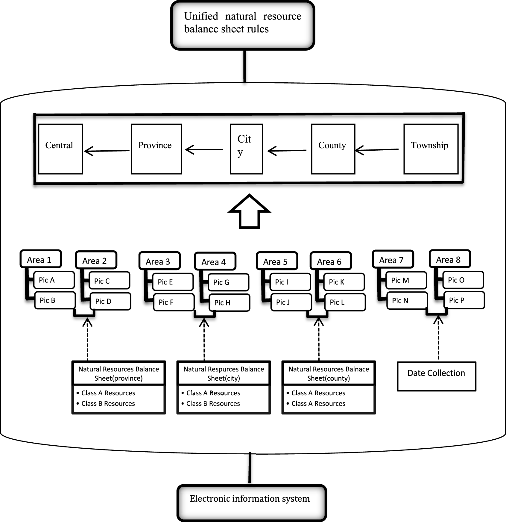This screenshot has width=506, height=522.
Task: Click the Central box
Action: click(60, 149)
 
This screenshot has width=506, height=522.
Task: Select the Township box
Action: click(431, 149)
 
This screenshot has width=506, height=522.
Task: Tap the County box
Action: click(333, 149)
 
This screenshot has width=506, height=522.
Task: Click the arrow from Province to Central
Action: click(107, 151)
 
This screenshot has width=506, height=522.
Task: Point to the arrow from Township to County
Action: click(376, 150)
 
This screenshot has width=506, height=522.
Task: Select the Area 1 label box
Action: click(40, 259)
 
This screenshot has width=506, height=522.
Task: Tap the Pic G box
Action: click(228, 282)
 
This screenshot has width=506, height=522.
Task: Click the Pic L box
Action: click(345, 302)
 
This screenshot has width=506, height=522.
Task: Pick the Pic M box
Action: click(406, 280)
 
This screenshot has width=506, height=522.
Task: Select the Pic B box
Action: click(54, 300)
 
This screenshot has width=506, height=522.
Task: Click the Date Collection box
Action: click(436, 376)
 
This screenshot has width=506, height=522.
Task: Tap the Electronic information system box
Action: click(251, 503)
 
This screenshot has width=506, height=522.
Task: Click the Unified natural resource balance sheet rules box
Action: click(242, 25)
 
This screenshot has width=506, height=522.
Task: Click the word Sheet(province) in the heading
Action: click(118, 378)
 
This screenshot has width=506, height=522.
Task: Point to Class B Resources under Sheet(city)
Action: click(213, 403)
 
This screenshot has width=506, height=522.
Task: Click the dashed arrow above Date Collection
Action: click(438, 338)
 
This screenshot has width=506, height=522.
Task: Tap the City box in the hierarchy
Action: click(246, 149)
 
